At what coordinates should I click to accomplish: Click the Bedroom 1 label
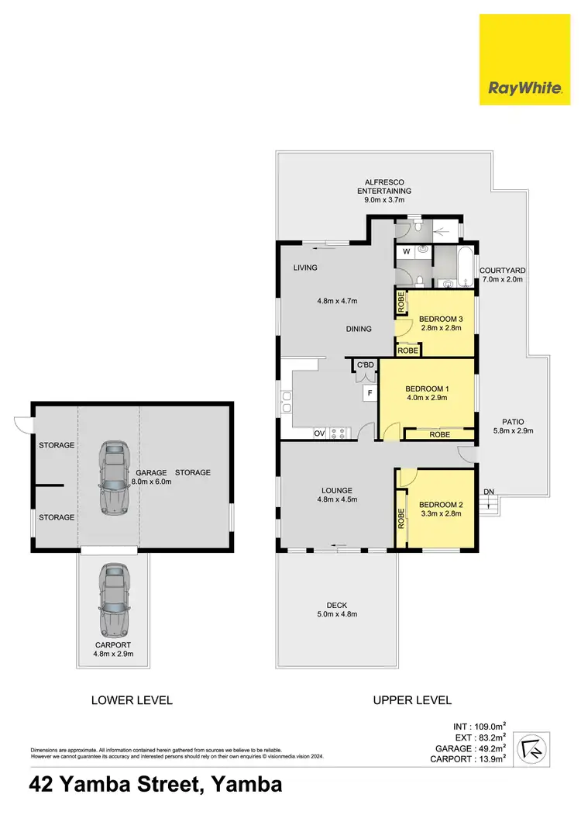point(426,389)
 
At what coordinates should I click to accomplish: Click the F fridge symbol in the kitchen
point(370,393)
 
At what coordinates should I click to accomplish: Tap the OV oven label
point(319,433)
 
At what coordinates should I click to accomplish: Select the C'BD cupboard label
point(364,365)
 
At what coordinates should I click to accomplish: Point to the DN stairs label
point(488,492)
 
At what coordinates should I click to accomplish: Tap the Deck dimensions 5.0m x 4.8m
point(336,614)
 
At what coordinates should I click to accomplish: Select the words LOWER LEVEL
point(132,700)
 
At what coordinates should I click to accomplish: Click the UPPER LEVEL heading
point(412,700)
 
